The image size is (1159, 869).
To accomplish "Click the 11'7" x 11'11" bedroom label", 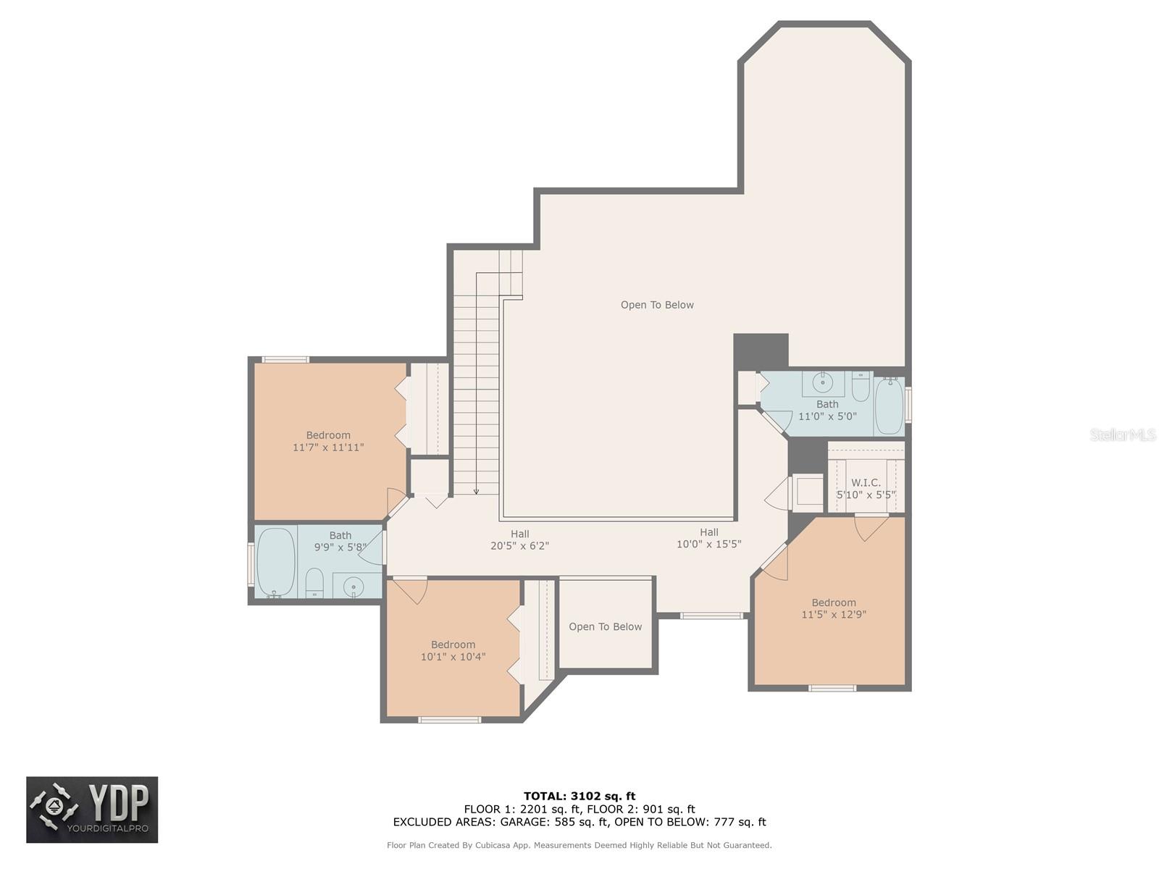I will tap(328, 441).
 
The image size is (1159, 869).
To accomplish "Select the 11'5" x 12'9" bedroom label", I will tap(834, 608).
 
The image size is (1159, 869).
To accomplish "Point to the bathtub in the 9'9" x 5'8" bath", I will tap(276, 562).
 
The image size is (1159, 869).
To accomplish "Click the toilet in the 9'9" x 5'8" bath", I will tap(314, 583).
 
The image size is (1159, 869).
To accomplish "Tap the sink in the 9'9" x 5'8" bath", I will tap(353, 586).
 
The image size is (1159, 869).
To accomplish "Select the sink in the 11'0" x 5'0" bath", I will tap(822, 382).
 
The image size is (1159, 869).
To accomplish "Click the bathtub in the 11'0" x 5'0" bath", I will tap(889, 406).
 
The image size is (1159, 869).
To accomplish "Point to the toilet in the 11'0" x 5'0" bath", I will tap(861, 387).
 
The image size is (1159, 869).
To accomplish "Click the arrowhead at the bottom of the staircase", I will tap(476, 492).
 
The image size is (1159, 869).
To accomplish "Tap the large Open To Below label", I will tap(657, 305).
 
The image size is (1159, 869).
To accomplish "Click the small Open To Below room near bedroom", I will tap(606, 626).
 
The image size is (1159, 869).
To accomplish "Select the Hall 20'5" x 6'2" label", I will tap(519, 540).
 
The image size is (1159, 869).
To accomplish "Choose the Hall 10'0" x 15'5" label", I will tap(708, 538).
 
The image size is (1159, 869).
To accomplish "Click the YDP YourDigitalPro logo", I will tap(92, 810).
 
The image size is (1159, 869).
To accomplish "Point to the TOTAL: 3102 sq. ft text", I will tap(579, 796).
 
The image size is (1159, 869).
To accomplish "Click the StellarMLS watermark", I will tap(1122, 435).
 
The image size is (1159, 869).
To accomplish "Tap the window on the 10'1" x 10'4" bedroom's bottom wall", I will tap(449, 720).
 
